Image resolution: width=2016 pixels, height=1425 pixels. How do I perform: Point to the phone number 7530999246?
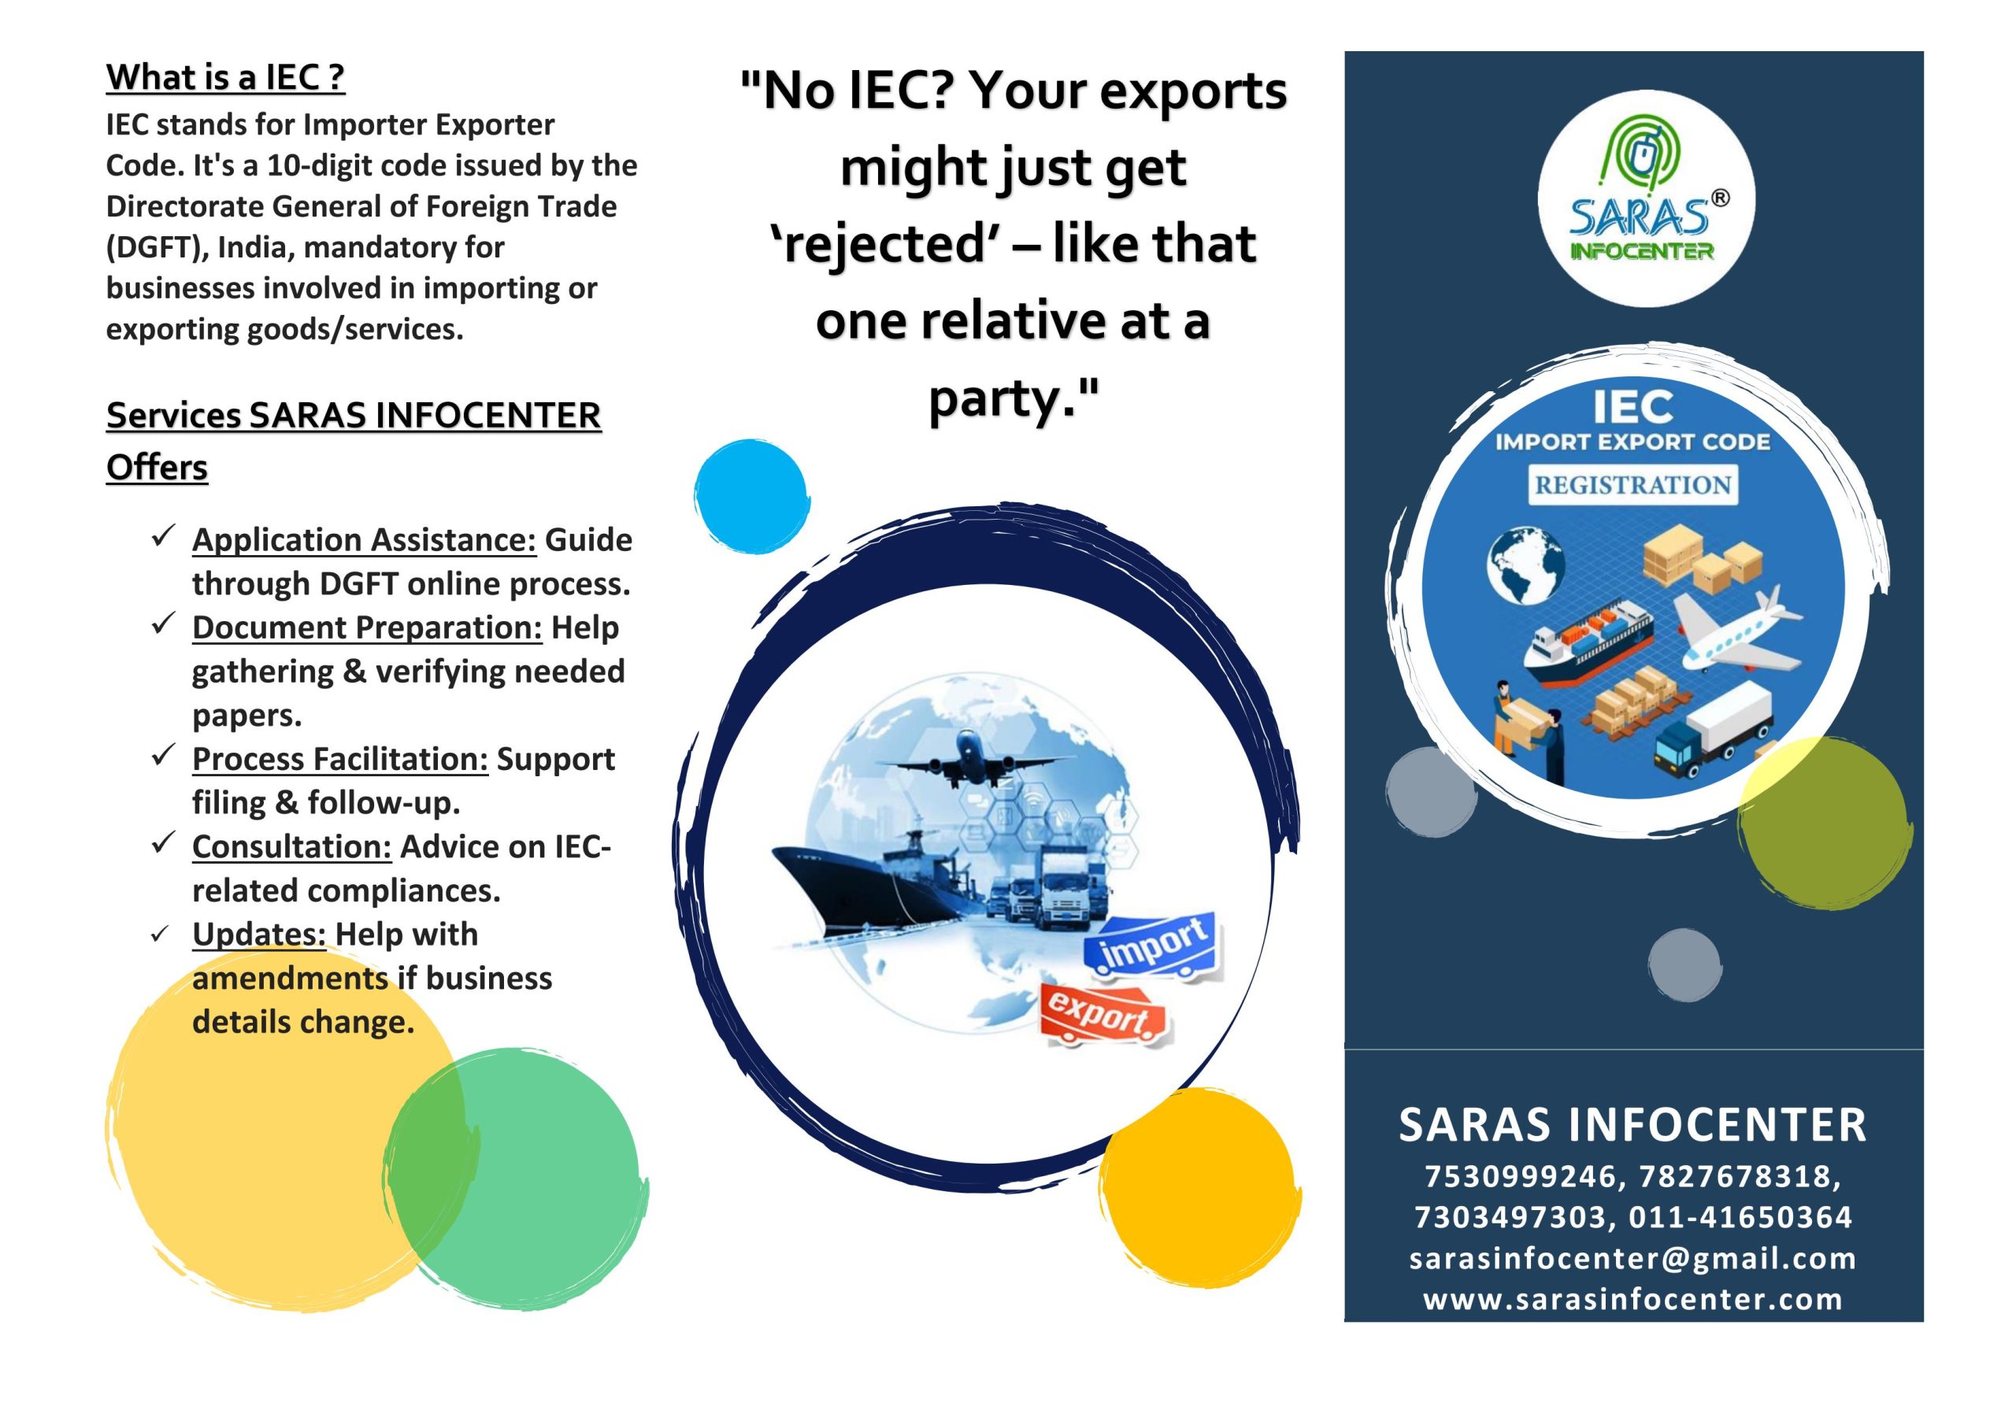1520,1176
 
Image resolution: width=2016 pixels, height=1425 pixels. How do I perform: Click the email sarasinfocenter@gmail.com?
1633,1258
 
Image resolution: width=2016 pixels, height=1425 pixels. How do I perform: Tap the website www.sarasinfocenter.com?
1633,1298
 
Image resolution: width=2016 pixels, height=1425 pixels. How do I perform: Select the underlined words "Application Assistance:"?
365,540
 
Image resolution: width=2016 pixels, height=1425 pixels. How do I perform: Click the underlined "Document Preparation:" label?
367,627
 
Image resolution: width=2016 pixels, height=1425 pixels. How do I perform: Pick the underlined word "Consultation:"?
292,847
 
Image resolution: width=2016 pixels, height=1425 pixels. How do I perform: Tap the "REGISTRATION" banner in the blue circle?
1632,485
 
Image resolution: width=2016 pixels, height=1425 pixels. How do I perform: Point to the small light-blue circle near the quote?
751,497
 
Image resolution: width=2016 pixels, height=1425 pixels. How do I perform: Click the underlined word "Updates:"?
259,935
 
